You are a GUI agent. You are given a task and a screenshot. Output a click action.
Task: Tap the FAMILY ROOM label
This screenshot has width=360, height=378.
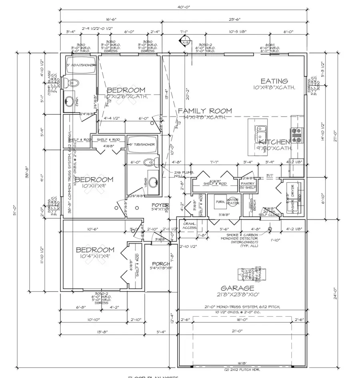(x=205, y=111)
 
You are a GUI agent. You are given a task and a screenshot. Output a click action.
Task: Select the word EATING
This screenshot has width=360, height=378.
(x=274, y=81)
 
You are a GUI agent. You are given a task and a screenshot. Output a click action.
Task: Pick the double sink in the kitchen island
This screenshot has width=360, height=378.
(x=260, y=131)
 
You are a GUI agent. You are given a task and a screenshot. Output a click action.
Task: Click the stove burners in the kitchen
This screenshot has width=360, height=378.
(x=298, y=135)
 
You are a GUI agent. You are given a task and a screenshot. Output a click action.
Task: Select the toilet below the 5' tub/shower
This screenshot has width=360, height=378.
(x=149, y=162)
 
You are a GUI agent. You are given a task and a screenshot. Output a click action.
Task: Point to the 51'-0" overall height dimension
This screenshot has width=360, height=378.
(x=15, y=216)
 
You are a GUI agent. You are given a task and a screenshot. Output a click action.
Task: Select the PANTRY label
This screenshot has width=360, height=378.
(x=248, y=183)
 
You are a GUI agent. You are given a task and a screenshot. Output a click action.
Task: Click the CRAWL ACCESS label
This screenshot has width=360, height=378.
(x=189, y=225)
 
